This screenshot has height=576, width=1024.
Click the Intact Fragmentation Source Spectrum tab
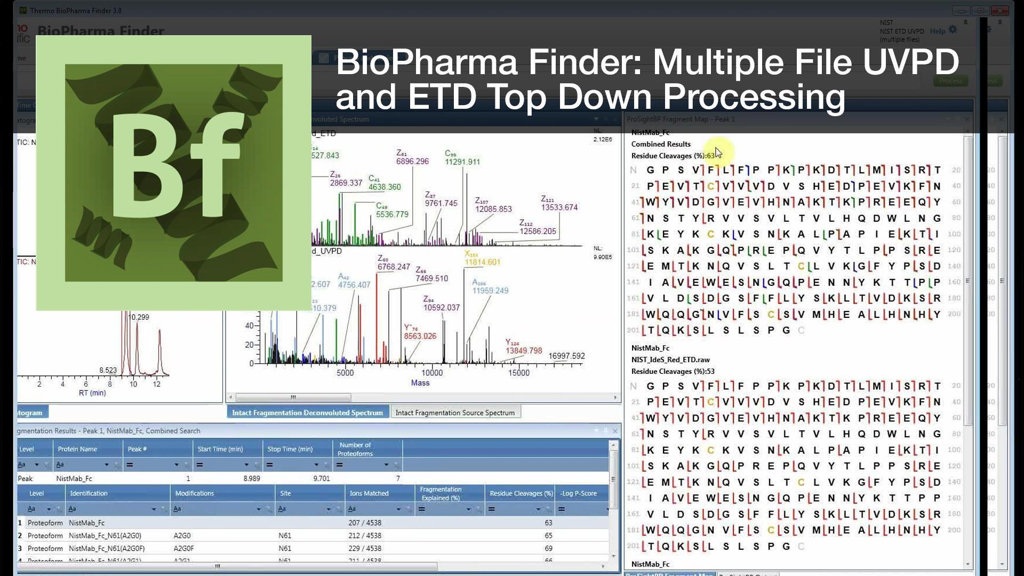(455, 413)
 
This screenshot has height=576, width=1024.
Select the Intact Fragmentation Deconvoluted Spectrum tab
(307, 413)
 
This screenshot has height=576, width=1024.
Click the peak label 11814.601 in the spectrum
(482, 262)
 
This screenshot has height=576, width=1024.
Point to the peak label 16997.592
(566, 356)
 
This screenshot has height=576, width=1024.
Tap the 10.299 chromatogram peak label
(139, 317)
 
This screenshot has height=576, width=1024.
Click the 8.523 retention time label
(108, 370)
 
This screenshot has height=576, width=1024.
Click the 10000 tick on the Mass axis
(432, 373)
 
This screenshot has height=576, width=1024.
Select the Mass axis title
(420, 383)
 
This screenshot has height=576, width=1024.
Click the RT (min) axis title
(92, 393)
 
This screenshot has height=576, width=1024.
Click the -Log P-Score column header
(578, 493)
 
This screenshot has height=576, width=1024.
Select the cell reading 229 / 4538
(365, 548)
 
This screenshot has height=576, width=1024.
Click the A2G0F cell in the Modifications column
(186, 548)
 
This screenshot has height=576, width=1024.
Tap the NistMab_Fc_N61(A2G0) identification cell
(105, 535)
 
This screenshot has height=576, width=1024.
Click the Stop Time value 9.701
(321, 478)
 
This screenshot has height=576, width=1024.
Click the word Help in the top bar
(937, 31)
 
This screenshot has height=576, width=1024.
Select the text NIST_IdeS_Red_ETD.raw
(670, 360)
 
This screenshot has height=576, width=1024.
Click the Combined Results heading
(661, 144)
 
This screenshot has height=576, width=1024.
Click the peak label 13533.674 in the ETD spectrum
(559, 207)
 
